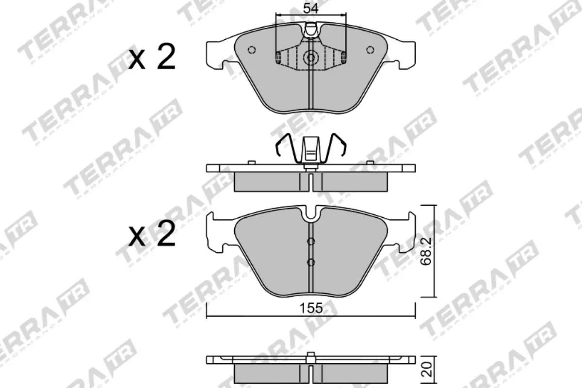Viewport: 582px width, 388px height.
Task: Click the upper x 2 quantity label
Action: (152, 58)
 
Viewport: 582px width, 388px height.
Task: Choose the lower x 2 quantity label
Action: (152, 235)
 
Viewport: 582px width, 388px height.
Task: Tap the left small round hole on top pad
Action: (251, 49)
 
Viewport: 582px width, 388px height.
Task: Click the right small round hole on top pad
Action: (370, 49)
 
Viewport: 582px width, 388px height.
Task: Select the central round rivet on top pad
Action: (310, 58)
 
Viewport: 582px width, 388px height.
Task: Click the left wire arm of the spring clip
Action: (285, 145)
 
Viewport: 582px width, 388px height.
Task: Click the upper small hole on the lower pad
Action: (311, 242)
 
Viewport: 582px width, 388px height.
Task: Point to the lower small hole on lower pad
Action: (311, 262)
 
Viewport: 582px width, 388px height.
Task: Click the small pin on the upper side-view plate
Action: (251, 162)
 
